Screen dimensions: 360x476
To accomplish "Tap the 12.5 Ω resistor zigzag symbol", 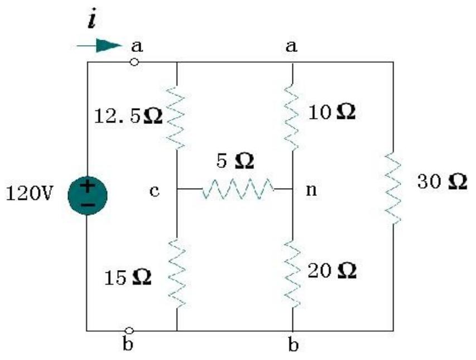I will coord(176,117).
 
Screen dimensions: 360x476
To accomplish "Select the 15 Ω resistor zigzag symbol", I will coord(176,274).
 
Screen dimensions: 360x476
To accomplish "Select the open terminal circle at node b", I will coord(129,330).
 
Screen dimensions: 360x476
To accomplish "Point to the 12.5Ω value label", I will coord(128,118).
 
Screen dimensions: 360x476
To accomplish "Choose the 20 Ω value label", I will coord(332,271).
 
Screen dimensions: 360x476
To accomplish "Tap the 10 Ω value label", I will coord(331,113).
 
